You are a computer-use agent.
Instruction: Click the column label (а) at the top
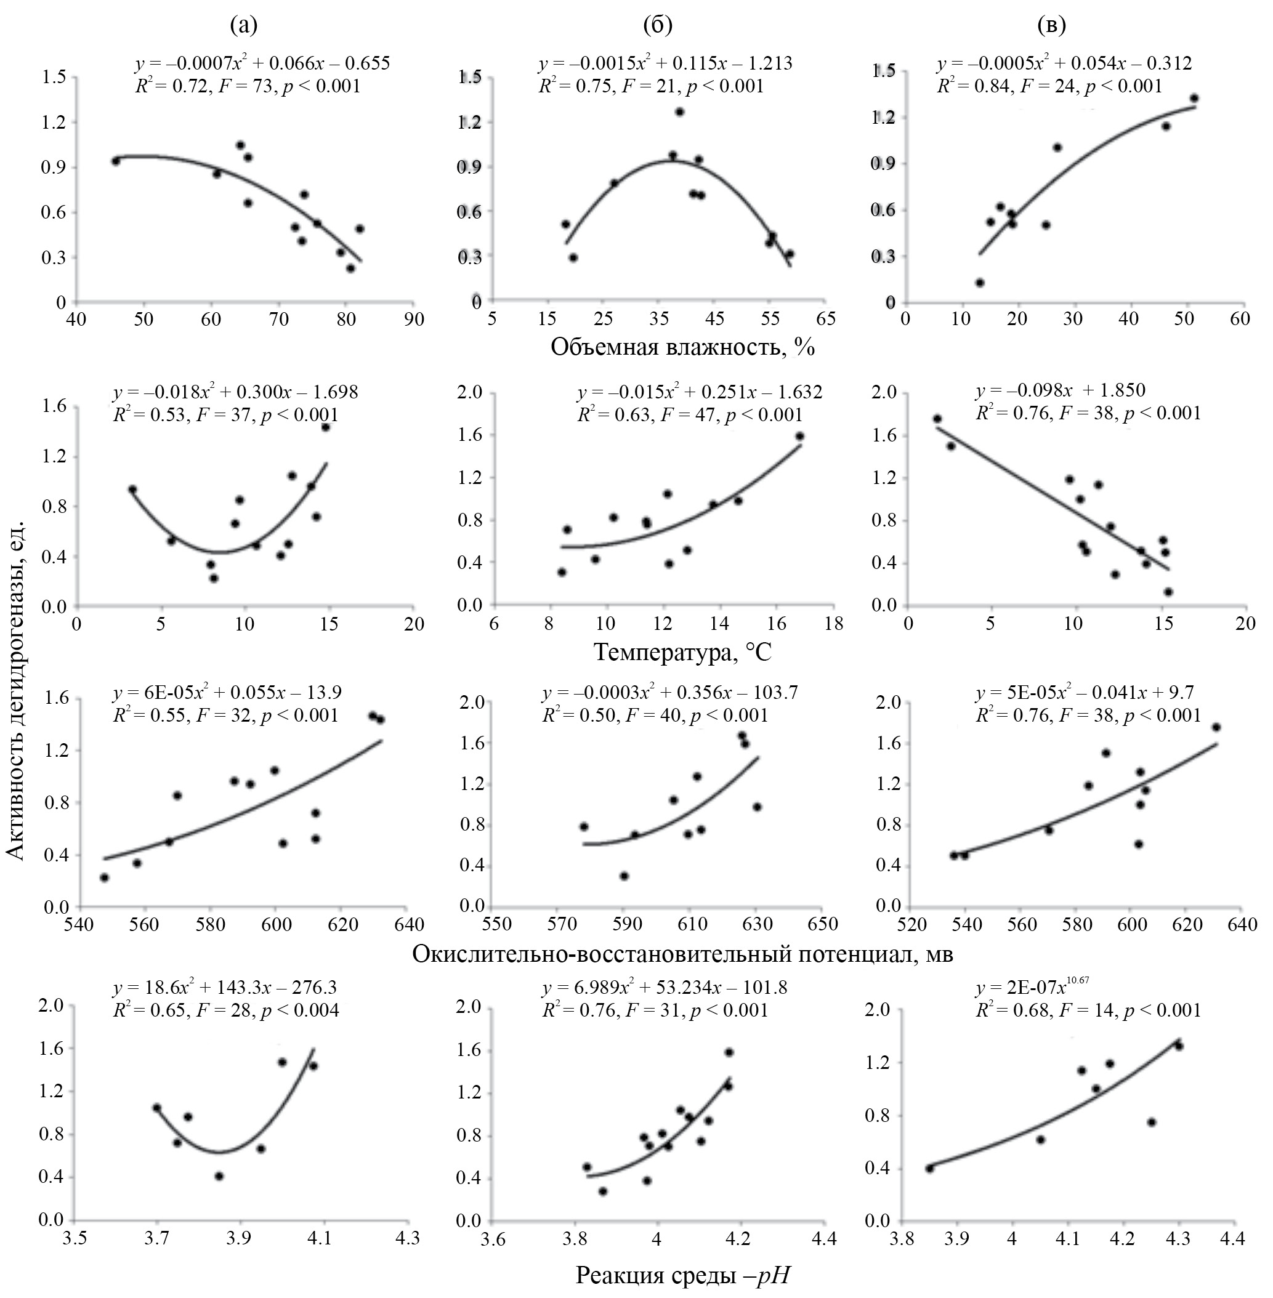point(243,25)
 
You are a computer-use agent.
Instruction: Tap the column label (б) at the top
point(657,25)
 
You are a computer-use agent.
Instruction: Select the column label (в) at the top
point(1052,25)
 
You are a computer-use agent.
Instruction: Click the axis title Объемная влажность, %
point(682,347)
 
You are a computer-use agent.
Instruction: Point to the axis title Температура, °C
point(682,651)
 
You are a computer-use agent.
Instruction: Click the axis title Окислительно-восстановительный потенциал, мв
point(682,954)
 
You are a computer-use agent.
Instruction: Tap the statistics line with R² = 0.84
point(1049,86)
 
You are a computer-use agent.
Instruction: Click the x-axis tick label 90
point(414,319)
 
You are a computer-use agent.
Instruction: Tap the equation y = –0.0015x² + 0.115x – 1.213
point(665,63)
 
